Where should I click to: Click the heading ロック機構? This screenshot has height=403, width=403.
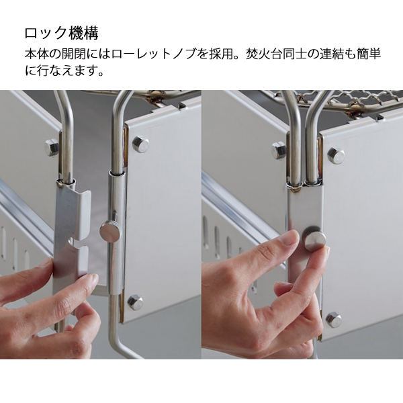click(x=61, y=33)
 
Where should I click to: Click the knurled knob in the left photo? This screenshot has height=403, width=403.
click(x=109, y=230)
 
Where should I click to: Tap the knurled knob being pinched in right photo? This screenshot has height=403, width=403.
click(x=314, y=238)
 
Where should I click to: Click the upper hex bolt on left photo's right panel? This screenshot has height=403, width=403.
click(x=140, y=144)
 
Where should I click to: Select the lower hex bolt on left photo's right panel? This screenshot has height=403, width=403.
click(x=135, y=302)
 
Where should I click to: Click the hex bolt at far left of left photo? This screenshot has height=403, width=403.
click(x=52, y=148)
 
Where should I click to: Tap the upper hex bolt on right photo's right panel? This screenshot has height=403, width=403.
click(x=336, y=156)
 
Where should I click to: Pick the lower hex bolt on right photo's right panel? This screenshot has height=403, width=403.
click(x=334, y=320)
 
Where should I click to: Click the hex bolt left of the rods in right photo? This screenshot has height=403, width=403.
click(x=279, y=150)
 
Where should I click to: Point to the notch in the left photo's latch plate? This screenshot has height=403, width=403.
click(x=77, y=244)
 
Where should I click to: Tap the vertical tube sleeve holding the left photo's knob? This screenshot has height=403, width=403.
click(x=117, y=231)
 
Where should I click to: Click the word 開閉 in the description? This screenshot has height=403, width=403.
click(x=74, y=54)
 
